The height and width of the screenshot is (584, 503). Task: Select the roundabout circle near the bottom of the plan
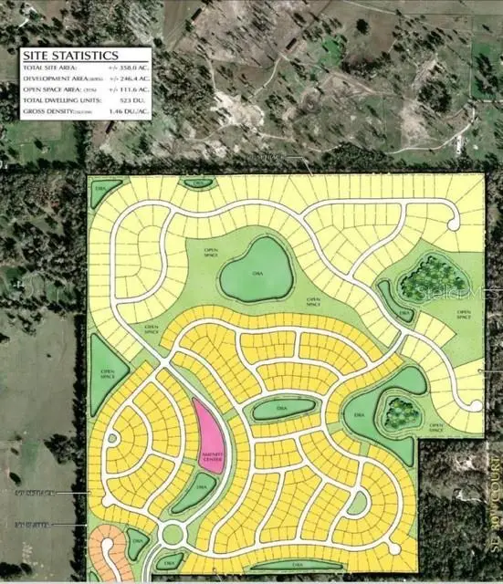tap(172, 533)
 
